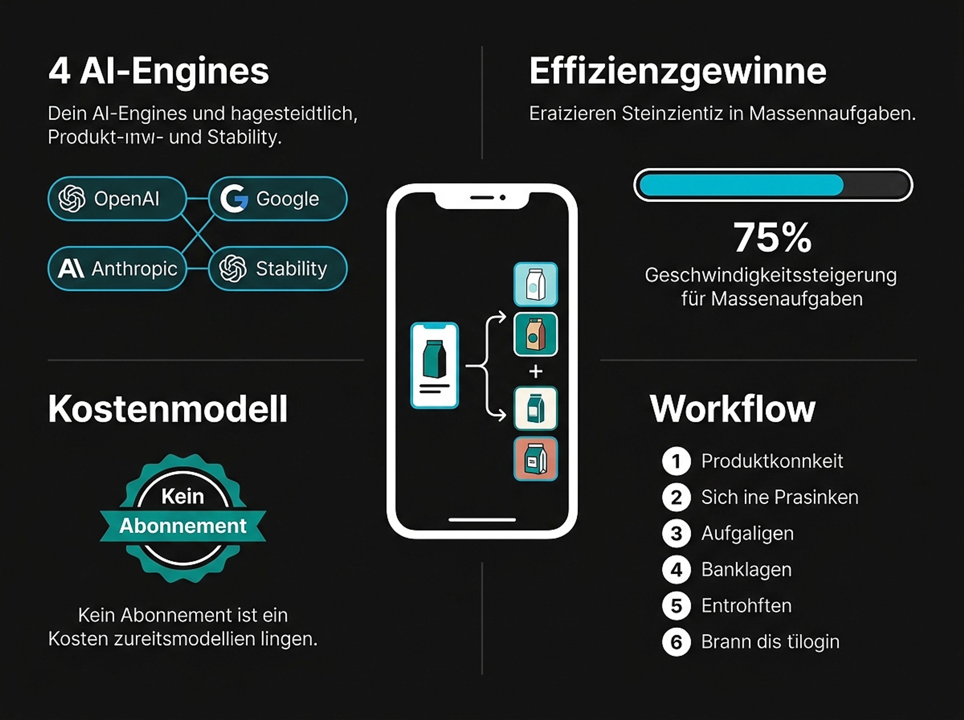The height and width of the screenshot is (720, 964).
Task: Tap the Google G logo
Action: pos(234,199)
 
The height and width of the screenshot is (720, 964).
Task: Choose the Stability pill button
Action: pos(278,268)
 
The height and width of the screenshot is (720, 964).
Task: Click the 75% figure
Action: pos(772,238)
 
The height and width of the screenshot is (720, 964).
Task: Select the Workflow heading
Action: pos(732,409)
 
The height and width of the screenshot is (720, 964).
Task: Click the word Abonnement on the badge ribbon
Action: pos(183,526)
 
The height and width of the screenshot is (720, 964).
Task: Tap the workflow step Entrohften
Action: pos(746,606)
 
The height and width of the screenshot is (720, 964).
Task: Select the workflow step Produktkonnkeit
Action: pos(772,461)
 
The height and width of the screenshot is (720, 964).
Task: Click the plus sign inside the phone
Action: pos(536,371)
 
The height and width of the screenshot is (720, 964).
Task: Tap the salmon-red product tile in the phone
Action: pos(536,459)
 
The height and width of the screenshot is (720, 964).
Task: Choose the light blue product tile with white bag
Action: pos(536,284)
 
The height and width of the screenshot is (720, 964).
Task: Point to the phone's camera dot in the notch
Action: pos(503,197)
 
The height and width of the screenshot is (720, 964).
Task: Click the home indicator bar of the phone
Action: pos(482,520)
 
